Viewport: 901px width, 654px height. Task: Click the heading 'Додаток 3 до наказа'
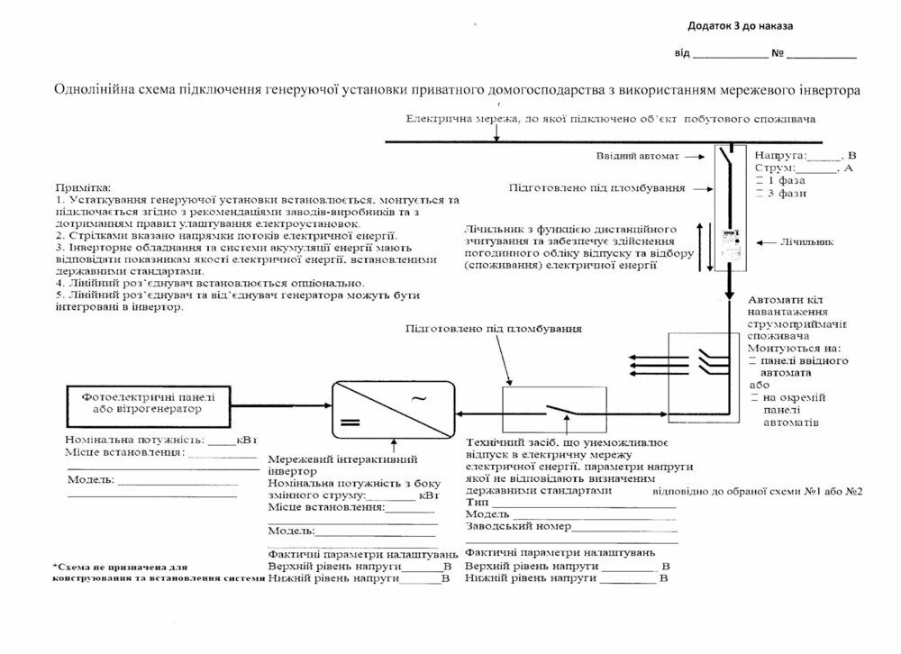pos(742,26)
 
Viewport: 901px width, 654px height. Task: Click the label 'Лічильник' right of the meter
pos(805,242)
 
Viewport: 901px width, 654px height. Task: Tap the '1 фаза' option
pos(785,180)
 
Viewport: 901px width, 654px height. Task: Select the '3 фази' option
pos(785,193)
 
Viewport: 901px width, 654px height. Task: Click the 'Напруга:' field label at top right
pos(781,155)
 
